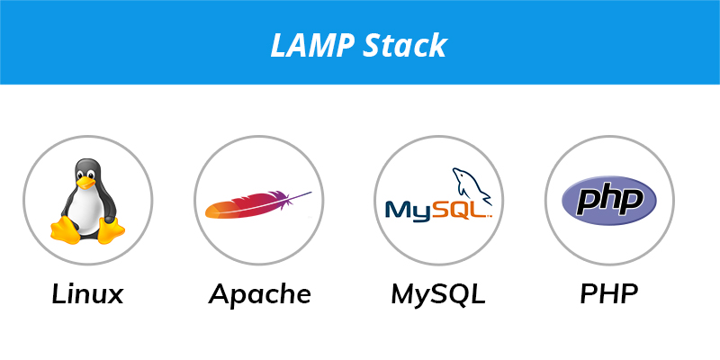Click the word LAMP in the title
pyautogui.click(x=312, y=45)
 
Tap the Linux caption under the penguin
pyautogui.click(x=87, y=294)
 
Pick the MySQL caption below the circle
pyautogui.click(x=438, y=294)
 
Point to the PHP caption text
pyautogui.click(x=609, y=294)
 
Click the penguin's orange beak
pyautogui.click(x=85, y=183)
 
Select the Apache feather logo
pyautogui.click(x=258, y=204)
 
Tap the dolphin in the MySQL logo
pyautogui.click(x=471, y=185)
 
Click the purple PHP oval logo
pyautogui.click(x=609, y=200)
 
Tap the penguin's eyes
pyautogui.click(x=85, y=174)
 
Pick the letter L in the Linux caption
pyautogui.click(x=58, y=294)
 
